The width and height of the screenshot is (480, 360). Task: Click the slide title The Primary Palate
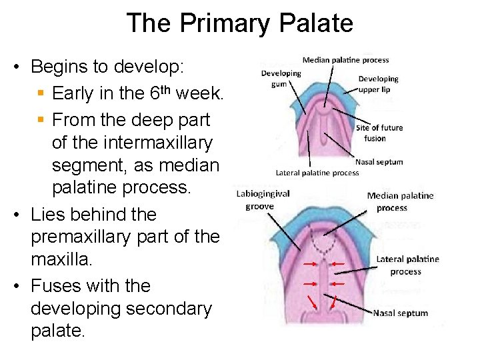239,23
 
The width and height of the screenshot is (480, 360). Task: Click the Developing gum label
281,79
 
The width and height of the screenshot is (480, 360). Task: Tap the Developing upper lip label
378,84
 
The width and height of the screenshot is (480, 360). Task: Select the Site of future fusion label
379,133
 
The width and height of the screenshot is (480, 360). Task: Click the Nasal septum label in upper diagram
379,162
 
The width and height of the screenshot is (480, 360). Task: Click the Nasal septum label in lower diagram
400,313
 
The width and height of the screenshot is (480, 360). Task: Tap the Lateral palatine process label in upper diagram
317,173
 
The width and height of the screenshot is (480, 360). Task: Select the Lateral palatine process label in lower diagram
407,265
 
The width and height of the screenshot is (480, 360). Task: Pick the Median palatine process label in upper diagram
345,60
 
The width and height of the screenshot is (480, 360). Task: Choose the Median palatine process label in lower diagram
400,201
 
